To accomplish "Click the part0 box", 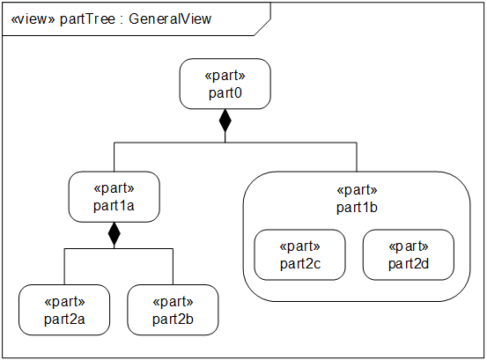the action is (x=225, y=84).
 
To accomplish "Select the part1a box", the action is (x=114, y=197).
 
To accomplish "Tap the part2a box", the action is (x=64, y=310).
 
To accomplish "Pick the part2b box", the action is (x=173, y=310).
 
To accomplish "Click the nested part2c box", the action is (x=299, y=254).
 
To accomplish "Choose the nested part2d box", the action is (x=409, y=254).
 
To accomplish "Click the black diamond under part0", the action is (x=225, y=121).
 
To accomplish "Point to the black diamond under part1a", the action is (x=114, y=233).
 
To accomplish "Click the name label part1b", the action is (x=357, y=208).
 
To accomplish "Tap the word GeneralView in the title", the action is (x=170, y=19).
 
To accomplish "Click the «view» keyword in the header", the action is (x=33, y=19).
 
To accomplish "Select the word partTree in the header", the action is (x=87, y=19).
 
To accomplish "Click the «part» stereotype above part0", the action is (x=225, y=76).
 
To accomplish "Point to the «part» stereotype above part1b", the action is (x=358, y=189).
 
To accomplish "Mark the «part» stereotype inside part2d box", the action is (x=409, y=246).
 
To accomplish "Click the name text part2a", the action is (x=64, y=319).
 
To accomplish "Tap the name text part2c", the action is (x=300, y=264).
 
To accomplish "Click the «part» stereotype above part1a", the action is (x=114, y=188).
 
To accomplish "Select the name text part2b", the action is (x=173, y=319).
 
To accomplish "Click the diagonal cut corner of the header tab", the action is (x=262, y=27).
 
